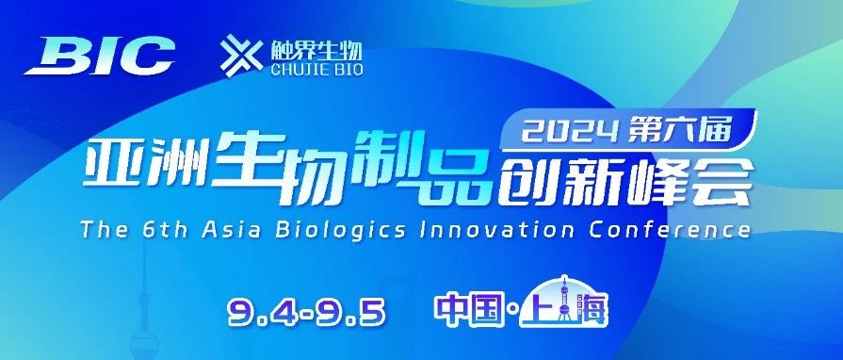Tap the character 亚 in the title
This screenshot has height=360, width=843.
coord(111,173)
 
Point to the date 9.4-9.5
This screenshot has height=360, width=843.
coord(307,310)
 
